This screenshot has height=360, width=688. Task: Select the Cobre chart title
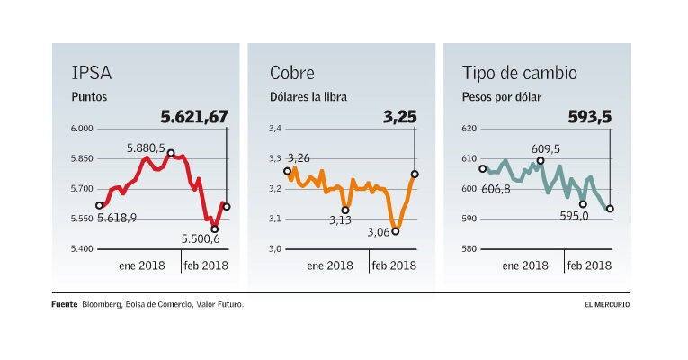(x=291, y=73)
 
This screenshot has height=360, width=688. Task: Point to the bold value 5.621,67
(x=194, y=116)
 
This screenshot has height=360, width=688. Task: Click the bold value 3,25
(x=401, y=116)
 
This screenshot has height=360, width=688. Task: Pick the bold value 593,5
(x=590, y=116)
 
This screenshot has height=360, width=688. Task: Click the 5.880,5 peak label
(x=144, y=148)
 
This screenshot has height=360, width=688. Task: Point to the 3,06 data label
(x=376, y=232)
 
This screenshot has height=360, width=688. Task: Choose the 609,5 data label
(x=545, y=149)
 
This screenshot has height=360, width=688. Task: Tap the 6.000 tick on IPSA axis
(x=82, y=129)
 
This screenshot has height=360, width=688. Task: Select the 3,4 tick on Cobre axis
(x=275, y=129)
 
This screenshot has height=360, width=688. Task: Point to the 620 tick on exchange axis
(x=469, y=129)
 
